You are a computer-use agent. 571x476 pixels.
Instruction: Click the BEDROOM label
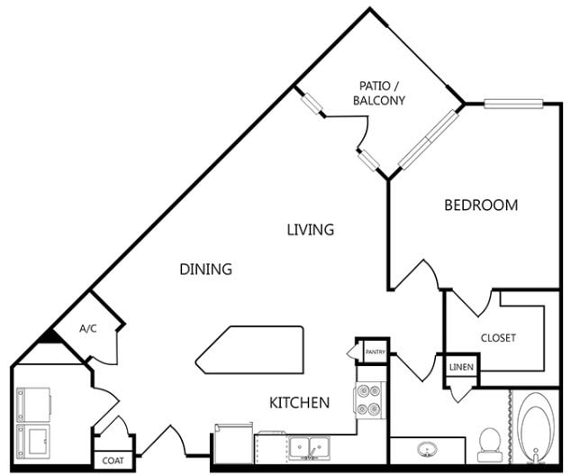point(481,206)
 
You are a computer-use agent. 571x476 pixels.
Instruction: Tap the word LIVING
point(311,230)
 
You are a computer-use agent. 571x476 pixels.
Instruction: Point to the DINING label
point(205,269)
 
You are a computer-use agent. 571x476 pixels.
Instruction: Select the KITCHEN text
point(299,402)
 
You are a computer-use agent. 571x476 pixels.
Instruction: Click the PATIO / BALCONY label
point(379,93)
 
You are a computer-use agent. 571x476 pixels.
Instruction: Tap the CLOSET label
point(498,338)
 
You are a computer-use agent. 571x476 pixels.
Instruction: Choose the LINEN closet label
point(461,367)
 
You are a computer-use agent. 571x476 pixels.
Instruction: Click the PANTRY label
point(376,352)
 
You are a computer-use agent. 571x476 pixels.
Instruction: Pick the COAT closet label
point(113,461)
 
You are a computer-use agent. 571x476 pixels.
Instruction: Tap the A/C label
point(88,329)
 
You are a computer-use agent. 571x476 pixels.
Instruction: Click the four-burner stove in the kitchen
point(369,400)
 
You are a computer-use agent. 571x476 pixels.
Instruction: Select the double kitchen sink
point(309,447)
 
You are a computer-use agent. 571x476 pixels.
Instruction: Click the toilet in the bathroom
point(489,445)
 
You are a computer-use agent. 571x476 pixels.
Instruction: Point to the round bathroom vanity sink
point(427,449)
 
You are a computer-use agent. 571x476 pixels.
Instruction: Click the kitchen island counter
point(249,350)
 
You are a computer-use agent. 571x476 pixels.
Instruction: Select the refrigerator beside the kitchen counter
point(233,444)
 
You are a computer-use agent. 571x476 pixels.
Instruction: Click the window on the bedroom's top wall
point(513,104)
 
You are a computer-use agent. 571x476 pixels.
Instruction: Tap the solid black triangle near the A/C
point(48,336)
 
